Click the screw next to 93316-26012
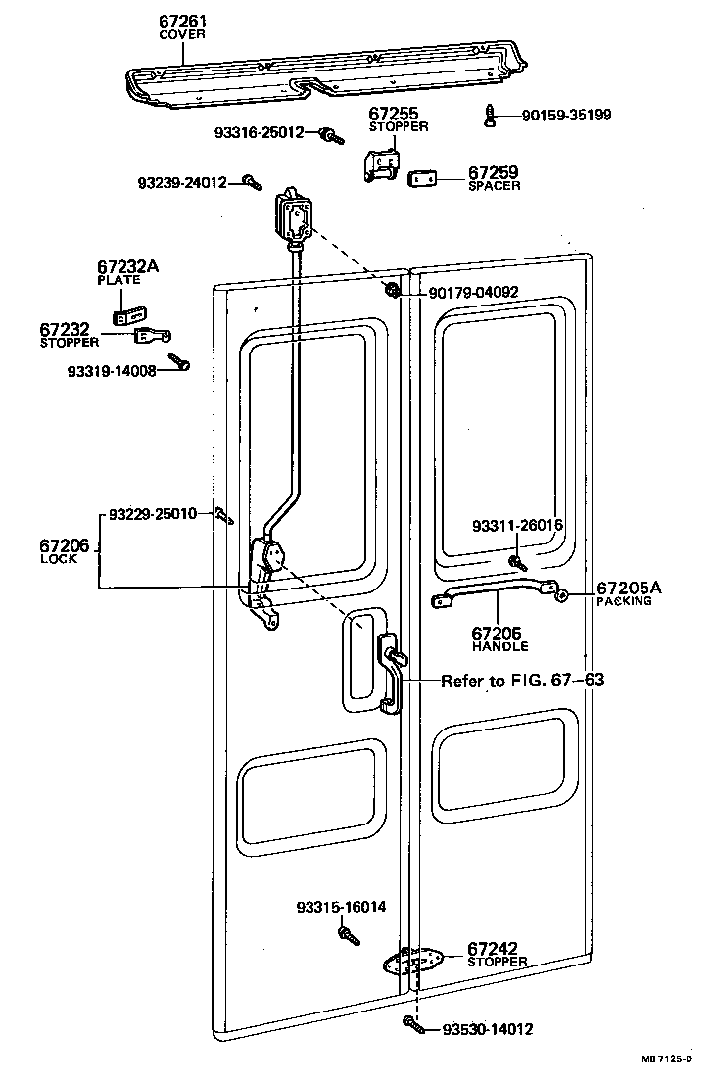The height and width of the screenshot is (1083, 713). (333, 134)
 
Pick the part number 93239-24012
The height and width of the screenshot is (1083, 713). (182, 182)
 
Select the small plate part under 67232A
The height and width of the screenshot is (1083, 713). (127, 316)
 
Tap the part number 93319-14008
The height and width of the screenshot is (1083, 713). (112, 371)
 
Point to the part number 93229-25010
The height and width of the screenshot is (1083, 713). (153, 513)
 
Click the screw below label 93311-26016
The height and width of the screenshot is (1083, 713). (516, 562)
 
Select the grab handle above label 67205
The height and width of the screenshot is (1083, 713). (499, 591)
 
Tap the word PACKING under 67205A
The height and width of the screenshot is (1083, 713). (624, 601)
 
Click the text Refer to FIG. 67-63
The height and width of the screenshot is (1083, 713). (522, 681)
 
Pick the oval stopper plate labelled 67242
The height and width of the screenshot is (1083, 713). (413, 962)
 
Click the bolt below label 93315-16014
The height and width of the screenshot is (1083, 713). (348, 935)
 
